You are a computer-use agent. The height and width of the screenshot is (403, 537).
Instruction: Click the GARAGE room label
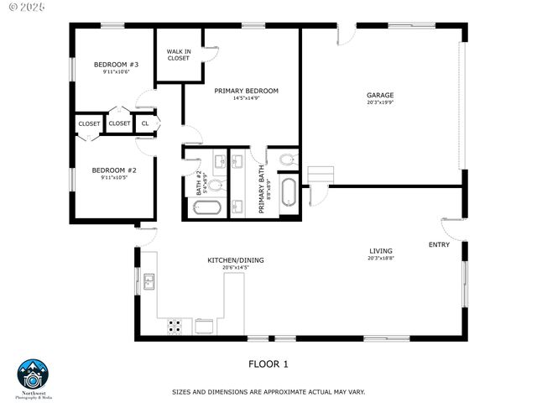coord(380,95)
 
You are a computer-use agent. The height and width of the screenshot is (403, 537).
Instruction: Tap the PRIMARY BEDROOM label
coord(246,91)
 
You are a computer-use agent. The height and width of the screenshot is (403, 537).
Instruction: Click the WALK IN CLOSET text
coord(178,55)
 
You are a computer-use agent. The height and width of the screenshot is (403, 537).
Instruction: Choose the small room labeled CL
coord(145,123)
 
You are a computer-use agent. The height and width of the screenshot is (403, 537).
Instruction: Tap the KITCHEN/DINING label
coord(236,260)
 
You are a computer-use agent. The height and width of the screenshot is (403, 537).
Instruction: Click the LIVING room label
coord(381,251)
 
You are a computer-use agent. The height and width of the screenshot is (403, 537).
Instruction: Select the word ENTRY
coord(439,245)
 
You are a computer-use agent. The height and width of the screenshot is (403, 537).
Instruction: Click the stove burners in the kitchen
coord(175,326)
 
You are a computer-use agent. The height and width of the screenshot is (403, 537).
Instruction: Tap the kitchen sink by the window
coord(149,281)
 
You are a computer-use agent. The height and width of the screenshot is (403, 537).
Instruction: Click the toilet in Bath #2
coord(215,185)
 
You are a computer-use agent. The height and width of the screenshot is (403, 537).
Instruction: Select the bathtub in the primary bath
coord(289,191)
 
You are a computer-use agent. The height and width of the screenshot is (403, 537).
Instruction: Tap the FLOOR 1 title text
coord(268,364)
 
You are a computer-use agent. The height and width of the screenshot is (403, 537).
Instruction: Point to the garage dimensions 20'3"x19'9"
coord(380,103)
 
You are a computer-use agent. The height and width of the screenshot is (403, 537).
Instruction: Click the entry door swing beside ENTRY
coord(451,227)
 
